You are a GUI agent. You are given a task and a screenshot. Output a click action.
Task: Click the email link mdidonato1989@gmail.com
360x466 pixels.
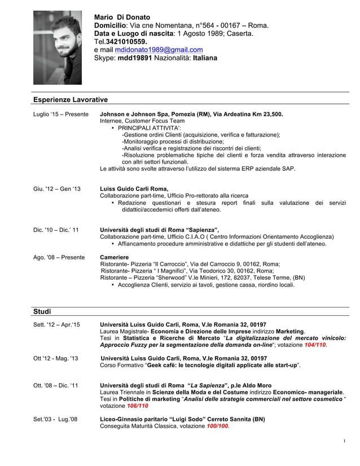click(155, 50)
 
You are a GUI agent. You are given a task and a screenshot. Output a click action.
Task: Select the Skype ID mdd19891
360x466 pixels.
click(134, 58)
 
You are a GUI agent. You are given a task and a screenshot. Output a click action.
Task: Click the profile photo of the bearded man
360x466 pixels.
click(58, 47)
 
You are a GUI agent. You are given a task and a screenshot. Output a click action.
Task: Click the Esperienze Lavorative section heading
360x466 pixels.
click(70, 100)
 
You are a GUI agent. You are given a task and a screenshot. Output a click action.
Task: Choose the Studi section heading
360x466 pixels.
click(42, 311)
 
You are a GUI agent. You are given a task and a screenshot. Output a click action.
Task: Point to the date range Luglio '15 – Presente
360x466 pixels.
click(60, 115)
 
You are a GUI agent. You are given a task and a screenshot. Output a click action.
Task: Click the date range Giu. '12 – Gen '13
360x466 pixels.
click(57, 189)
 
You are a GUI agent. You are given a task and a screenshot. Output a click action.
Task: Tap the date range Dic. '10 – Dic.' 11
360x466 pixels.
click(56, 230)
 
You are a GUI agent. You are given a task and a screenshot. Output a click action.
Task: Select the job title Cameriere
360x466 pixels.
click(115, 257)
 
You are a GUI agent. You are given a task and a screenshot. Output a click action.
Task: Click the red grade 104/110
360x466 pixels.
click(315, 345)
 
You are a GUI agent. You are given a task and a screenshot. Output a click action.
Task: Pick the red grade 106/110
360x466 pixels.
click(138, 406)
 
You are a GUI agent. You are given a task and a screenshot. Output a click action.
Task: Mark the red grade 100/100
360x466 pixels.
click(217, 426)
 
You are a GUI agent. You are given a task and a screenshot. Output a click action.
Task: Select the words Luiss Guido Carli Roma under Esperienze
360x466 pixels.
click(134, 189)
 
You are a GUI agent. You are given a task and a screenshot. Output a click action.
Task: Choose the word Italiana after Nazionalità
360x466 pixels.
click(205, 58)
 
